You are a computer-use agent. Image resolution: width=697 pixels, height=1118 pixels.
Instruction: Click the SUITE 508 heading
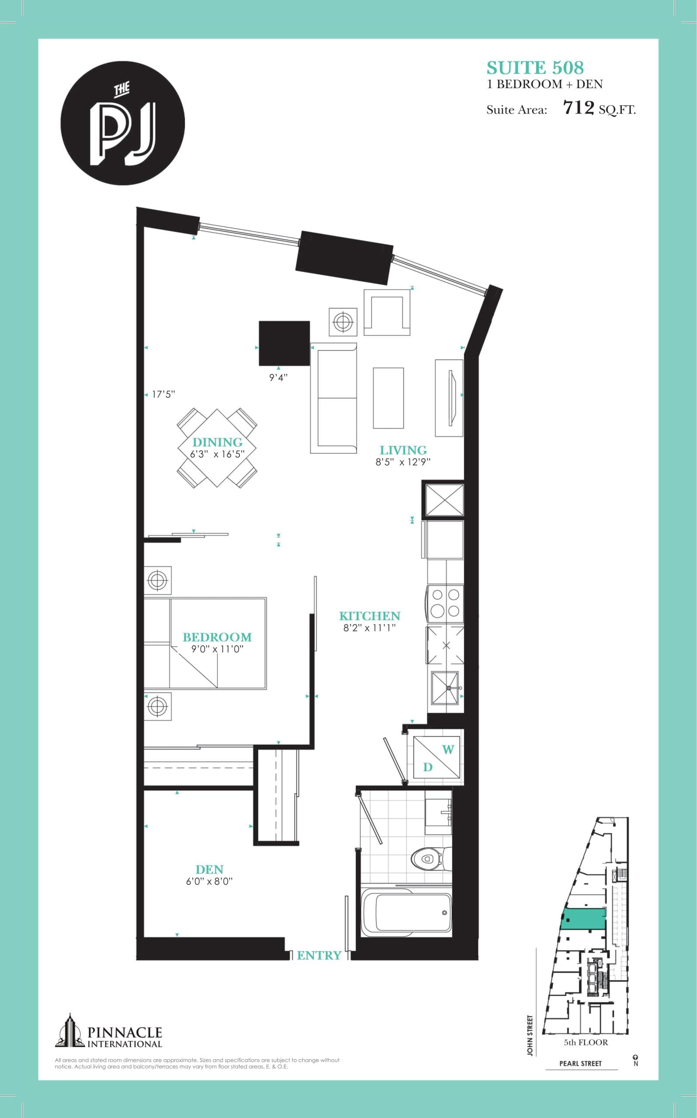point(535,68)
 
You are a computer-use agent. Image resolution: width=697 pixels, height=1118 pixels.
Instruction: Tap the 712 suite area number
point(579,108)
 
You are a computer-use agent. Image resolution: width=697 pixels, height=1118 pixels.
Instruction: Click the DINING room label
point(217,442)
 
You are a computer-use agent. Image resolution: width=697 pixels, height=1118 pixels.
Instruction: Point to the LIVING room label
point(403,450)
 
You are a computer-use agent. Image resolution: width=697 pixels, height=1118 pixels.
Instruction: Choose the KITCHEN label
point(370,616)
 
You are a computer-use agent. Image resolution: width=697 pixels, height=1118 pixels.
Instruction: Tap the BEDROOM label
point(217,637)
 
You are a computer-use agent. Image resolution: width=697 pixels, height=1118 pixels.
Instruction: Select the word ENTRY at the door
point(319,956)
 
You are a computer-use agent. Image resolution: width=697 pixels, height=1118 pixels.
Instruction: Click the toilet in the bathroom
point(427,859)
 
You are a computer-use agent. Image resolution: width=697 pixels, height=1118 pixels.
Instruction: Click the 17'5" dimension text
point(163,395)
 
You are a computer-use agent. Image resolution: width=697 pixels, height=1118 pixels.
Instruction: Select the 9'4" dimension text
point(278,378)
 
